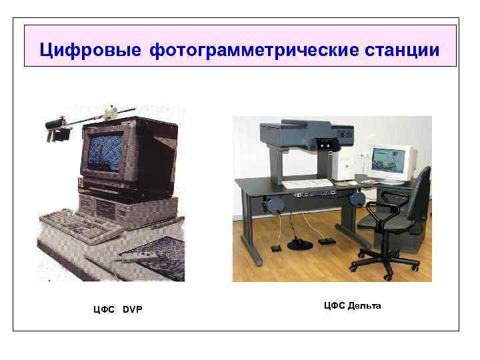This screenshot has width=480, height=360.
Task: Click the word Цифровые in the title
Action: point(90,50)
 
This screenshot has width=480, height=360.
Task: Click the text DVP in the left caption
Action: point(133,309)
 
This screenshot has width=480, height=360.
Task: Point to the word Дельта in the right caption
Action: point(365,306)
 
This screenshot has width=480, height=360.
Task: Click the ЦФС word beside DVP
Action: point(104,310)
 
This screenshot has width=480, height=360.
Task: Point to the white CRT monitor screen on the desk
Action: point(388,161)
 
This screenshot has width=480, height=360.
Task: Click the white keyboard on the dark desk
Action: point(307,183)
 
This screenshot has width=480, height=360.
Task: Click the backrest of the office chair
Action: point(420,192)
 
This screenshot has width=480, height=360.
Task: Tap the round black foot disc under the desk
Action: point(300,244)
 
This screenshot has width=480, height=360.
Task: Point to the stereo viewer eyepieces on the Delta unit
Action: point(326,144)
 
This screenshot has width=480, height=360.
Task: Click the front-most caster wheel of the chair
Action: point(388,277)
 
